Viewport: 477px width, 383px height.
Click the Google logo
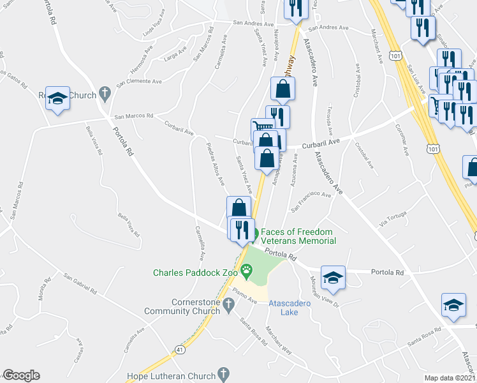21,375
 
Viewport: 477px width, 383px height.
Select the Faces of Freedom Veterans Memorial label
298,236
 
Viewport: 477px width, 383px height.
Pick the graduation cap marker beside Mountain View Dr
332,278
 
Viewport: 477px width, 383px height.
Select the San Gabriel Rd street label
80,283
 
